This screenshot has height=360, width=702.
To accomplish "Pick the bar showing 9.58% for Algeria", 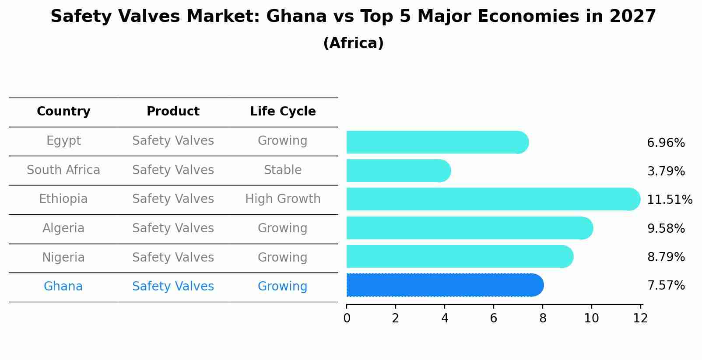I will click(468, 228).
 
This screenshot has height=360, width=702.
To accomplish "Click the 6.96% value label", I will click(665, 143).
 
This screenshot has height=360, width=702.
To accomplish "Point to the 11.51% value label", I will click(669, 200).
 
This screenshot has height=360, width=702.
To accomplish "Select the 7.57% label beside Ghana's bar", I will click(665, 286).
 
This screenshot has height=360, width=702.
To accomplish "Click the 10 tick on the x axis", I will click(591, 318).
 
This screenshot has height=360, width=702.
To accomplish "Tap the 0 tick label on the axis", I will click(347, 318).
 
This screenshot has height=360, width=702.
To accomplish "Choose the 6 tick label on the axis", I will click(493, 318).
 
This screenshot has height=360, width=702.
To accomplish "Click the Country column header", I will click(63, 112).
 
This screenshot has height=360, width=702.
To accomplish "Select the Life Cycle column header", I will click(283, 112).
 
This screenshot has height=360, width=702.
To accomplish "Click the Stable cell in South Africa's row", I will click(283, 170).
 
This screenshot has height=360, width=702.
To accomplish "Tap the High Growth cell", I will click(283, 199).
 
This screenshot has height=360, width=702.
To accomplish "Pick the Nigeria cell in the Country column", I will click(63, 257).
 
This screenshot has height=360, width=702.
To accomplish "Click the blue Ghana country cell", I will click(63, 287).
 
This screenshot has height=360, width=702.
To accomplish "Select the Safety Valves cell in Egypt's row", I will click(173, 141).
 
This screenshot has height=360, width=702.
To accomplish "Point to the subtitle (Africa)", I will click(353, 43).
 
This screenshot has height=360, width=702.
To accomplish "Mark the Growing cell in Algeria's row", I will click(283, 228).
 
